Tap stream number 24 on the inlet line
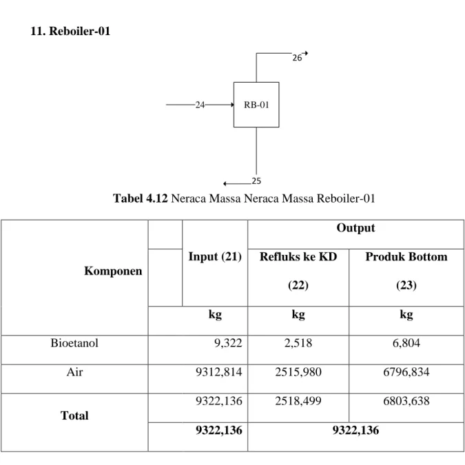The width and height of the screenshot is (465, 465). coord(200,105)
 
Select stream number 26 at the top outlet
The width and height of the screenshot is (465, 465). coord(297,58)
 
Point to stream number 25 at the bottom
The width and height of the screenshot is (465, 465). coord(256,181)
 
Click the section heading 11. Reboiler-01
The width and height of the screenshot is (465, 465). coord(70,31)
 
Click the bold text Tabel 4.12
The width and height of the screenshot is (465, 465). coord(141,198)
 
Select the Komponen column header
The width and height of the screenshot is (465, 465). coord(113,271)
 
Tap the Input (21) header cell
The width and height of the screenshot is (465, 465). coord(215,256)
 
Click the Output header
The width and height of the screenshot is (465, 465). coord(355,228)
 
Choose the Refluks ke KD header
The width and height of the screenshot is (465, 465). coord(298,256)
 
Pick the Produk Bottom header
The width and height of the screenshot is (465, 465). coord(406,256)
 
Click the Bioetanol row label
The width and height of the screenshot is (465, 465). coord(74,343)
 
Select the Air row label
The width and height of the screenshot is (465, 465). coord(74,371)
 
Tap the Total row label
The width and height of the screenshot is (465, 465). coord(74,415)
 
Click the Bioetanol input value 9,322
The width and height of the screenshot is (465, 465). coord(228,343)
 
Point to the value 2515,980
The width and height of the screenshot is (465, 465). coord(298,372)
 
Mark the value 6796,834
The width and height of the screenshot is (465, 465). coord(406,372)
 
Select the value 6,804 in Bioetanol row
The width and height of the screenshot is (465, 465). coord(406,343)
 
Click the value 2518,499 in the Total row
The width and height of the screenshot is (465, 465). coord(298,401)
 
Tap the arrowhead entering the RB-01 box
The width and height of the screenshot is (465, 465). coord(232,105)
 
